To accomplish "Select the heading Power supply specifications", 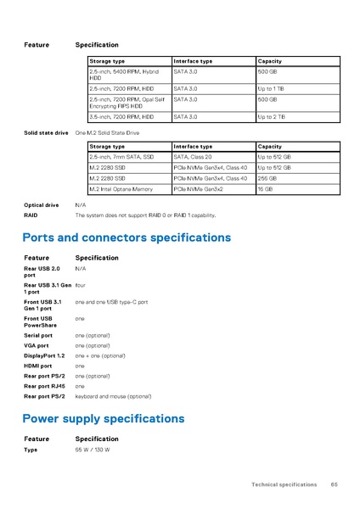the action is click(103, 418).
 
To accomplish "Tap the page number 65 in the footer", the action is click(335, 484).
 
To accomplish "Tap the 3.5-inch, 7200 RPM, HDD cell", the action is click(121, 117).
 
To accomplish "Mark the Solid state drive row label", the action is click(46, 133).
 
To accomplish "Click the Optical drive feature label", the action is click(42, 205).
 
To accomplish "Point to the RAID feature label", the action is click(31, 215).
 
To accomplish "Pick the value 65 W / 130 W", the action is click(93, 449).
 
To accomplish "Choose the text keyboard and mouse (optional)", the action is click(113, 396).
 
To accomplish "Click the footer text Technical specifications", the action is click(284, 484).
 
